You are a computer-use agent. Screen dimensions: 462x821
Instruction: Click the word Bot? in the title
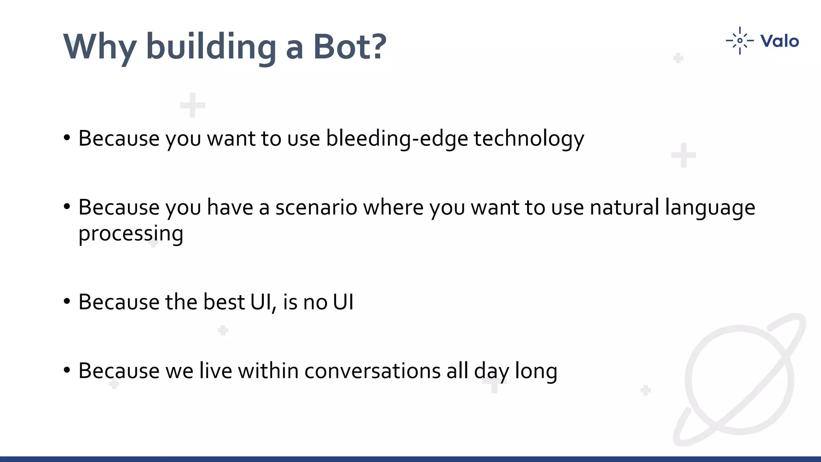[x=350, y=47]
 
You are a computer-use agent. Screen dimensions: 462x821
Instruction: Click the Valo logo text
[x=779, y=41]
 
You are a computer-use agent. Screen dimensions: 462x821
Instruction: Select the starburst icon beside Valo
[x=740, y=41]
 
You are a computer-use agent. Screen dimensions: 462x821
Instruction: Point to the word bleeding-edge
[x=397, y=139]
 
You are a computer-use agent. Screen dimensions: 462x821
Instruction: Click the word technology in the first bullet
[x=529, y=139]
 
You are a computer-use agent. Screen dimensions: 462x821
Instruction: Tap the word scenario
[x=316, y=208]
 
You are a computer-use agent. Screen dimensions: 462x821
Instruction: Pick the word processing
[x=131, y=234]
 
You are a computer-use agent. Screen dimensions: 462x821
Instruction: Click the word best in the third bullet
[x=224, y=302]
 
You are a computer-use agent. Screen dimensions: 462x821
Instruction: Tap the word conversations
[x=372, y=371]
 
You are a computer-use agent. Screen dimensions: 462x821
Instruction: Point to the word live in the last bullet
[x=215, y=371]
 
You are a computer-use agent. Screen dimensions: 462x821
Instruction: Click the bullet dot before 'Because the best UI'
[x=67, y=301]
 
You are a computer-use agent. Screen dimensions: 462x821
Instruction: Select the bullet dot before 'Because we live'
[x=67, y=370]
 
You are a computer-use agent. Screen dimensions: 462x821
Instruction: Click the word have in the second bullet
[x=230, y=208]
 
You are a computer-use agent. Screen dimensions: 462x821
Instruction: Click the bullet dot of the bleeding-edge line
[x=67, y=138]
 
